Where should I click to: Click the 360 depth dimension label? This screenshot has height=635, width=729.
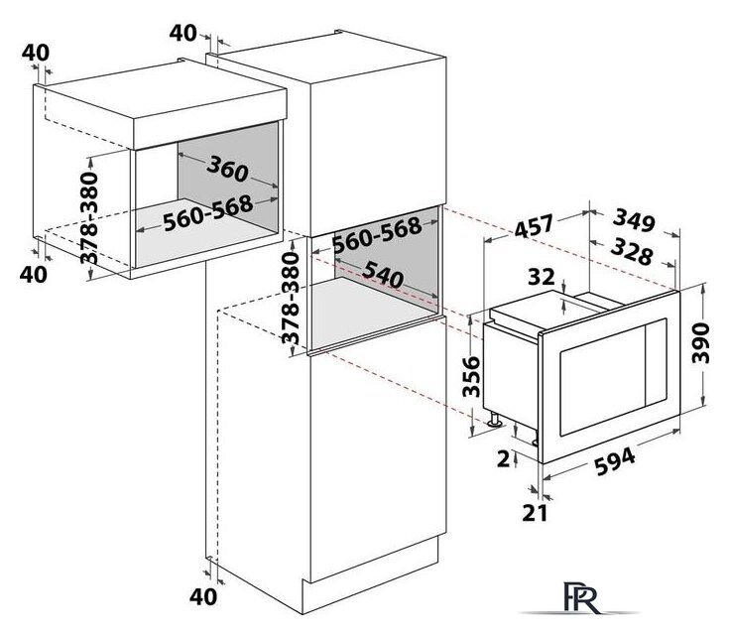228,169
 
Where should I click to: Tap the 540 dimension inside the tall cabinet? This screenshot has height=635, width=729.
384,275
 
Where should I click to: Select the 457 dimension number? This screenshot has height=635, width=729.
534,226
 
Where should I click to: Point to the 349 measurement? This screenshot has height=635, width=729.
634,220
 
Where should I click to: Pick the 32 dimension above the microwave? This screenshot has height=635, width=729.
542,277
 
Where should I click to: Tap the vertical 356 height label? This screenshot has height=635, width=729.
471,376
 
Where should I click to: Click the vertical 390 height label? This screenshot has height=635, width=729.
700,343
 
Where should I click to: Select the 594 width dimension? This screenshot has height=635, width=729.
615,461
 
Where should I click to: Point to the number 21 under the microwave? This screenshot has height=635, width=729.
535,513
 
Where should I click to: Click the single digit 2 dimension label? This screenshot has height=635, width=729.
504,459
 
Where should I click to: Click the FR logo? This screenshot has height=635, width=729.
580,597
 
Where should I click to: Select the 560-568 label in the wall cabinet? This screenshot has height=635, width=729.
208,213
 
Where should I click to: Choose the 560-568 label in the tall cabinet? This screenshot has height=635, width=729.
378,235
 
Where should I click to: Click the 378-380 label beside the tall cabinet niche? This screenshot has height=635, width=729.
291,299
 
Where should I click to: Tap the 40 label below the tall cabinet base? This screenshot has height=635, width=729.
203,597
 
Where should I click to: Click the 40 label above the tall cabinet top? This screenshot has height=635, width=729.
182,33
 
